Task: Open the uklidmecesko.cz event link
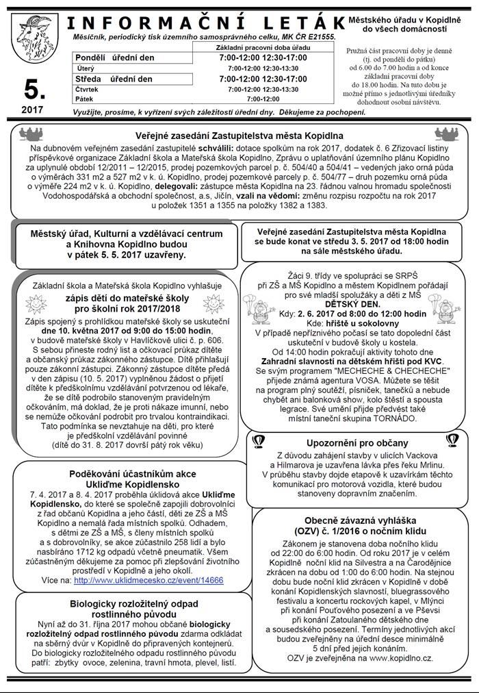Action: pos(148,579)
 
